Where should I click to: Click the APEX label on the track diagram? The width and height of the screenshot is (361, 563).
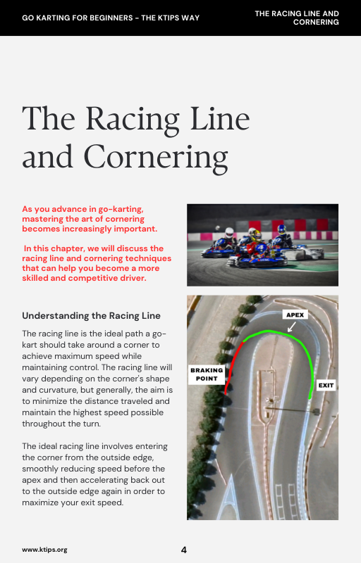coord(295,315)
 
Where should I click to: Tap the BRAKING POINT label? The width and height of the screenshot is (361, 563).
coord(207,373)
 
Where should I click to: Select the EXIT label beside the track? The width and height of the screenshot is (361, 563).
coord(326,386)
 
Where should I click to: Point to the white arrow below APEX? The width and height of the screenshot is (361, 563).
coord(290,326)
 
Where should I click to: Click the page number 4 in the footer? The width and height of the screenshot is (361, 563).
coord(184,550)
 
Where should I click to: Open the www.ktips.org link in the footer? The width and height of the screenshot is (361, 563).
coord(44,550)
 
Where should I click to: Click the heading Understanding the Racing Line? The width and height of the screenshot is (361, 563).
coord(91,315)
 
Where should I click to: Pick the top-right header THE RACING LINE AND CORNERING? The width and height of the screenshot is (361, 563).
coord(296,18)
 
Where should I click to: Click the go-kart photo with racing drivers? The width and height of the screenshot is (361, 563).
coord(262,244)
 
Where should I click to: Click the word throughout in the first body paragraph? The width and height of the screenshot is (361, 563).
coord(47,424)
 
